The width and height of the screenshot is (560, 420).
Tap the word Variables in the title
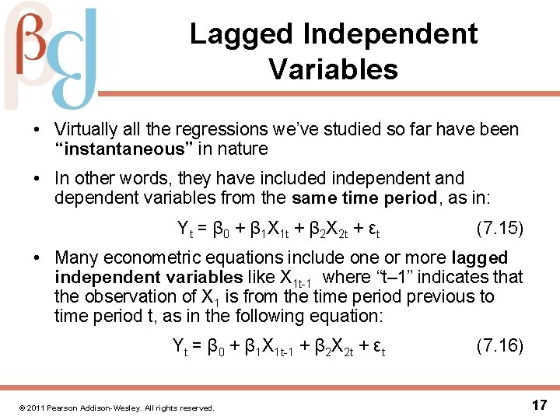(x=334, y=69)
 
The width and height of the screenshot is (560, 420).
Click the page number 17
(x=539, y=404)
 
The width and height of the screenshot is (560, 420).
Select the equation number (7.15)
(x=499, y=229)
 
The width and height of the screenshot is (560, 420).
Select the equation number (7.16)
(x=499, y=345)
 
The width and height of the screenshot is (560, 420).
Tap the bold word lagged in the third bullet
(x=479, y=257)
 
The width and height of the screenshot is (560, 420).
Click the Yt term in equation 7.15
(x=185, y=229)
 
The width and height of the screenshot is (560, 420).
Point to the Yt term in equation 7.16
(x=180, y=346)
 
